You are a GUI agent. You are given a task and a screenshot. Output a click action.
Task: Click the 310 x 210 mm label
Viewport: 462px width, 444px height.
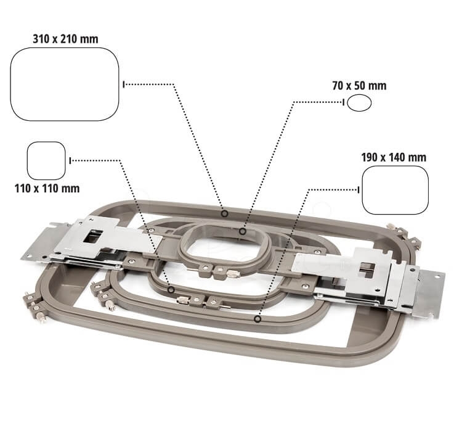coord(65,39)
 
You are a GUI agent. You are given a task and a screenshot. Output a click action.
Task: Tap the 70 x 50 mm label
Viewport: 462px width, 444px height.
coord(359,86)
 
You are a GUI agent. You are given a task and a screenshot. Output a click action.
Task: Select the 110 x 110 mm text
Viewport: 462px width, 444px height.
coord(47,188)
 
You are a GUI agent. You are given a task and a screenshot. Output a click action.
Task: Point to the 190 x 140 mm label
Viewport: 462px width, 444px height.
coord(394,157)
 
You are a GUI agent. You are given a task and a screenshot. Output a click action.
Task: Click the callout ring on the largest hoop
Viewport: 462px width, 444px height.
coord(225,213)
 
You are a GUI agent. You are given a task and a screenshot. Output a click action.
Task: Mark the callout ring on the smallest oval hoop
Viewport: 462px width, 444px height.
coord(243,231)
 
